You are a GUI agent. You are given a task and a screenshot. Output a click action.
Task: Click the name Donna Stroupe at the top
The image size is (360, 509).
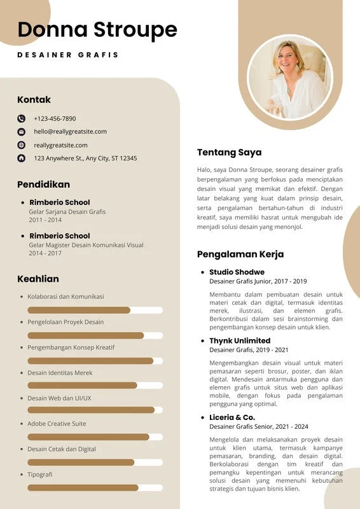click(97, 30)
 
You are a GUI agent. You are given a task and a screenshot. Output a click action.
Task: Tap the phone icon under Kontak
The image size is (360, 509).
click(21, 118)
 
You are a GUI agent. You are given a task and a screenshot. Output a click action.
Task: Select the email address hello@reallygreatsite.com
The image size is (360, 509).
click(70, 132)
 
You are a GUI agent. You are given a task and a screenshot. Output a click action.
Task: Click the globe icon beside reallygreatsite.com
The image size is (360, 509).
click(21, 145)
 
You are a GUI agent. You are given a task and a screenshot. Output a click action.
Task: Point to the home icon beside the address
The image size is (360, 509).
click(21, 158)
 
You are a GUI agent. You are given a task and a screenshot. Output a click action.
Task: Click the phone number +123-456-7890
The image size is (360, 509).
click(55, 118)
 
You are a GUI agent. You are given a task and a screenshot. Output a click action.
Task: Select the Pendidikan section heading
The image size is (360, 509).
click(43, 185)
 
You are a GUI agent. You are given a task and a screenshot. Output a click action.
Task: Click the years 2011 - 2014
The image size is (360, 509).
click(45, 220)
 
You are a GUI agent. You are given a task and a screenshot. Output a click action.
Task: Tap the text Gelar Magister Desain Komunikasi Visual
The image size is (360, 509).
click(86, 244)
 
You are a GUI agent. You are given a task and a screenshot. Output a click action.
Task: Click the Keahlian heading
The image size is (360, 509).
click(38, 279)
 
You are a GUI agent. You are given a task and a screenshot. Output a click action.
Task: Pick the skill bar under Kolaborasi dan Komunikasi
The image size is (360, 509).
click(79, 310)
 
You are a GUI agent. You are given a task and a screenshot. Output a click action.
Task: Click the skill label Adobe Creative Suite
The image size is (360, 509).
click(57, 424)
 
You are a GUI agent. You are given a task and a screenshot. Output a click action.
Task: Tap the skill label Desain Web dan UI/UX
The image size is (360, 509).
click(59, 398)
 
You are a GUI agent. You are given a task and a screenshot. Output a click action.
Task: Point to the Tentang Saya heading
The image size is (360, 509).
click(229, 153)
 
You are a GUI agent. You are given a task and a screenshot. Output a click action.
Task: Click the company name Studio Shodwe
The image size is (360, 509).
click(237, 272)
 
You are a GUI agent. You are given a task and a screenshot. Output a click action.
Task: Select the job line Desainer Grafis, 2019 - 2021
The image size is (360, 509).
click(249, 350)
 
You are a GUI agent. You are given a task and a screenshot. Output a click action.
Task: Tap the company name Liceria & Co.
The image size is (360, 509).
click(232, 417)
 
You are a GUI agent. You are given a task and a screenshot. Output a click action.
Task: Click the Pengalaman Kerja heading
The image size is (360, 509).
click(240, 254)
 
